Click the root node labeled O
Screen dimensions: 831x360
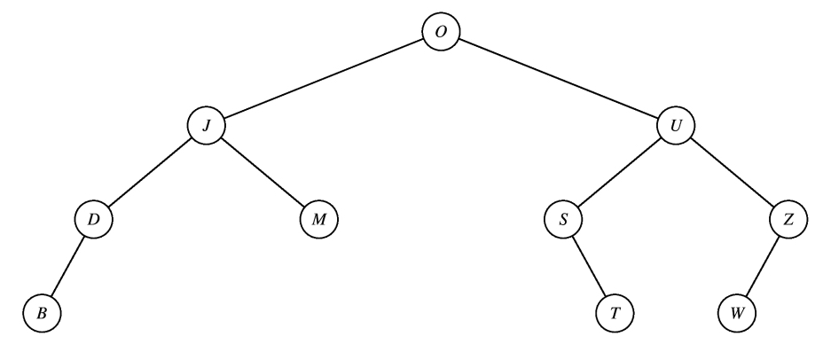coord(441,32)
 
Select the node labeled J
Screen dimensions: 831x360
coord(206,126)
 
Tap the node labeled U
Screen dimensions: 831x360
coord(676,126)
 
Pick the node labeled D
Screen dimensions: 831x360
coord(94,220)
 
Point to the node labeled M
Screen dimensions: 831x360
coord(319,220)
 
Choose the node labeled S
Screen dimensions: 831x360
coord(563,220)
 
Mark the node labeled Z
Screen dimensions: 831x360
coord(788,220)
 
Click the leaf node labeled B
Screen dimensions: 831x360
coord(42,313)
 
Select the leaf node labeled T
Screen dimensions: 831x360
coord(615,313)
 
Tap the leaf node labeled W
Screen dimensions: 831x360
coord(737,313)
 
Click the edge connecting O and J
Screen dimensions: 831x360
coord(324,78)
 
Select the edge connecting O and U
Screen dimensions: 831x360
coord(559,78)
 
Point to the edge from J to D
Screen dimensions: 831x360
coord(150,173)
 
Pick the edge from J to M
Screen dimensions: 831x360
coord(263,173)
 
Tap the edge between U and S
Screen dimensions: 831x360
coord(620,173)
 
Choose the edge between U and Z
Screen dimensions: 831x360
coord(733,173)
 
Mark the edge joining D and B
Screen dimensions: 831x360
coord(67,267)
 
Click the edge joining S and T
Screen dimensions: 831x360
coord(589,267)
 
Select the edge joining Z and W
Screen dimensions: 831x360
coord(764,267)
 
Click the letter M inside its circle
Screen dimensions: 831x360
coord(319,220)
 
